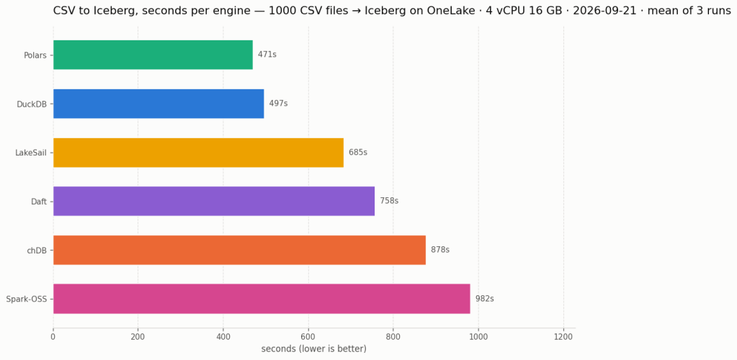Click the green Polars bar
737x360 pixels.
coord(153,55)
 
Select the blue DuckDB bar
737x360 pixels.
coord(158,104)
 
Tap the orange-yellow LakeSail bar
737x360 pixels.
coord(198,152)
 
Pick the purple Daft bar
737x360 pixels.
coord(214,201)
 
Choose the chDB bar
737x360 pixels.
coord(239,250)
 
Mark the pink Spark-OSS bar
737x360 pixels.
coord(262,299)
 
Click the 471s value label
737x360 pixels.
coord(267,55)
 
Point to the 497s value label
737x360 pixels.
coord(278,104)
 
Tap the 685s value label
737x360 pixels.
coord(358,152)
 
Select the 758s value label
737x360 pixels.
coord(389,201)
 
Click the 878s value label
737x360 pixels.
coord(440,250)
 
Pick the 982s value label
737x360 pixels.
coord(485,299)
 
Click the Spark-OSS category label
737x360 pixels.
coord(27,299)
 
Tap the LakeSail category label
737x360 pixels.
coord(31,152)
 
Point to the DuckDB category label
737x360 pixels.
coord(32,104)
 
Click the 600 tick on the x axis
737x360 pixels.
coord(308,336)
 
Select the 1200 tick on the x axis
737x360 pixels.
coord(563,336)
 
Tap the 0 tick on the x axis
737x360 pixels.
coord(53,336)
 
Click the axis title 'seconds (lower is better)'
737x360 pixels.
coord(313,348)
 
